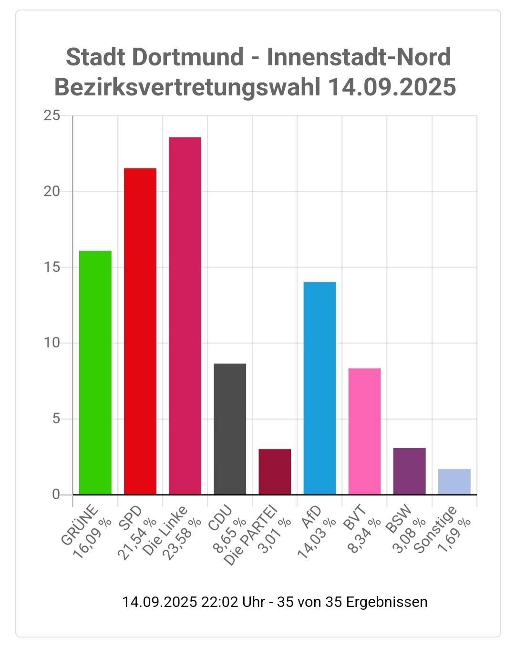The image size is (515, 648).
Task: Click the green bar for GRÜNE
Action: click(95, 372)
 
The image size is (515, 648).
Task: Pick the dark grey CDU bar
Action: click(230, 429)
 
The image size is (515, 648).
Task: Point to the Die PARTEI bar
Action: click(275, 472)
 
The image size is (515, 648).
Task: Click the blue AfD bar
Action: click(319, 388)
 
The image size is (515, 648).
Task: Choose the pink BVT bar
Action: click(364, 431)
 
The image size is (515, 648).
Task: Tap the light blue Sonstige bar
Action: click(454, 482)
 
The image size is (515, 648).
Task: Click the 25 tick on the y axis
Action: click(52, 116)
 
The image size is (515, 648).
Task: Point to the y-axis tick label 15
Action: click(52, 267)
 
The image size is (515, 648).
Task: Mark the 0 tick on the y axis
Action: click(56, 494)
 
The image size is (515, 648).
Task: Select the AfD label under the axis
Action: click(311, 517)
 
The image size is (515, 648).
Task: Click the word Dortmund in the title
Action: click(187, 57)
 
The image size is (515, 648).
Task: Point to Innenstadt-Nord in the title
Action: click(359, 57)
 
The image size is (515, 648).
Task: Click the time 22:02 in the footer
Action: click(220, 602)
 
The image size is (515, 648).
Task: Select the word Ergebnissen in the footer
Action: click(386, 602)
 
